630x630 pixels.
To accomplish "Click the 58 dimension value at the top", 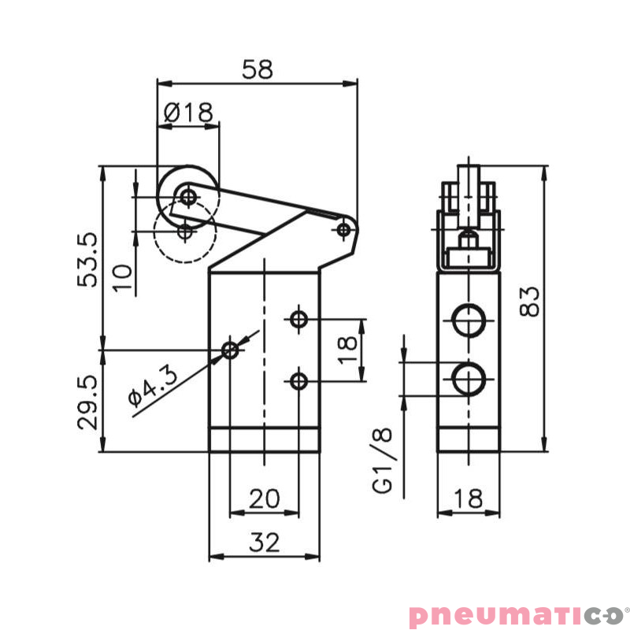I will (258, 69).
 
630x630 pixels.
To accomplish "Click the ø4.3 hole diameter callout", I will (154, 386).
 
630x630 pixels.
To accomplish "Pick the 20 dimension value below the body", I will (264, 498).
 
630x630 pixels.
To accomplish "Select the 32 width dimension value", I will (264, 542).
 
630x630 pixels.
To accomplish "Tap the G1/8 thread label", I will (383, 461).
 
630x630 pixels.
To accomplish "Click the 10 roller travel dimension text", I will (122, 277).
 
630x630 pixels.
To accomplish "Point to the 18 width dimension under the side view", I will (469, 498).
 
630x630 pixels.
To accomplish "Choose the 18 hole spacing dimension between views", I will (347, 349).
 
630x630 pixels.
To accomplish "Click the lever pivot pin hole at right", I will (343, 229).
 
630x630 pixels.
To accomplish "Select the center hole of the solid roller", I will (187, 195).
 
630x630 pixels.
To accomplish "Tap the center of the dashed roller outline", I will (185, 232).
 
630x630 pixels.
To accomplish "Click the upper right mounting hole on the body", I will (298, 319).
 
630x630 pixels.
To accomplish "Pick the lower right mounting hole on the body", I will (298, 381).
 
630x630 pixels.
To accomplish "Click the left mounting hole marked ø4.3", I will (230, 350).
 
